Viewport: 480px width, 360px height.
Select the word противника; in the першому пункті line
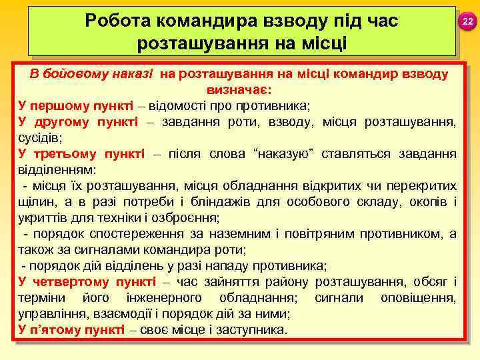click(281, 106)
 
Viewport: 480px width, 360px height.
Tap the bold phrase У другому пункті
click(78, 122)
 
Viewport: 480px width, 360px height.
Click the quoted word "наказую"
click(282, 154)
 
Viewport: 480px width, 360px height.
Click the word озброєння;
click(190, 218)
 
